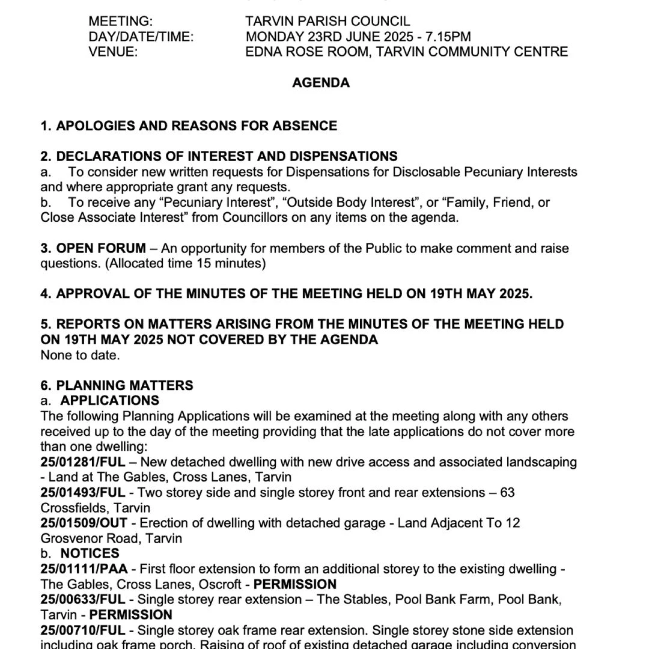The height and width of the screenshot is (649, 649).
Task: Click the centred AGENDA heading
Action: coord(321,83)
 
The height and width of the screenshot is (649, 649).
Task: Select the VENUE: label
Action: coord(113,52)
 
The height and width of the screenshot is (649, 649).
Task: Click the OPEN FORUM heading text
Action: coord(101,248)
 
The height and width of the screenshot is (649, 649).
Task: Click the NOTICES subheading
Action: coord(90,553)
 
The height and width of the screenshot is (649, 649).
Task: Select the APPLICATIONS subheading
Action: coord(110,401)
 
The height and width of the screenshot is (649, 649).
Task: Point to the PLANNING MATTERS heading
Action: coord(124,385)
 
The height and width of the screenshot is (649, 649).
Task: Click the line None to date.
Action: coord(80,355)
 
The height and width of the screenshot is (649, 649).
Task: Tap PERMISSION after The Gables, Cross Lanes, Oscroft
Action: coord(294,584)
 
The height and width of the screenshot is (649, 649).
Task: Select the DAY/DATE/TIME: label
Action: coord(141,37)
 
